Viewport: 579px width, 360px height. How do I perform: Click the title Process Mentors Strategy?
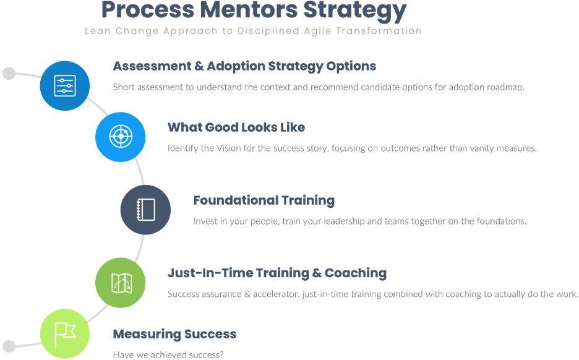(254, 11)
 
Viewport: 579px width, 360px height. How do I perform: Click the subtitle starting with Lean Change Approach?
(254, 31)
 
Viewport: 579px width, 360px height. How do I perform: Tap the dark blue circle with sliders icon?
(65, 85)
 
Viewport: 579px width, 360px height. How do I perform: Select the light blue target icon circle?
(121, 136)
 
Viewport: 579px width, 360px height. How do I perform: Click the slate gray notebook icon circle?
(145, 209)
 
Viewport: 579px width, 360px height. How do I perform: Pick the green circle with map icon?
(121, 283)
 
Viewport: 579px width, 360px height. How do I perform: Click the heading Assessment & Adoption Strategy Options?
(244, 66)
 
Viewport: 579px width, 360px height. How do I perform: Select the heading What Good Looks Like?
(236, 127)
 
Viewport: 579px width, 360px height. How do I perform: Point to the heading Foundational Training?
(264, 200)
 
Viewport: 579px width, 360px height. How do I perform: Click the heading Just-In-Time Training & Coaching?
(277, 273)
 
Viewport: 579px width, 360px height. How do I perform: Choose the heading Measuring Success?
(174, 334)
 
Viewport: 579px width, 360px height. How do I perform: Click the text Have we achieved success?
(168, 355)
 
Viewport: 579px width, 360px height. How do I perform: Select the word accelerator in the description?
(276, 294)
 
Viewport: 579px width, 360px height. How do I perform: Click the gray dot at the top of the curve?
(9, 74)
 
